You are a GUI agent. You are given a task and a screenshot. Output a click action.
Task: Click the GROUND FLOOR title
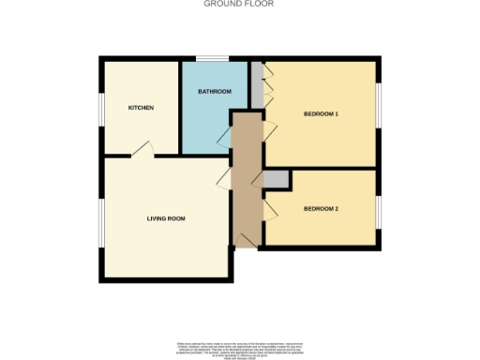240,4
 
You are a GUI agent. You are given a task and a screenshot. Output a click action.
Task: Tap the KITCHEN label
141,108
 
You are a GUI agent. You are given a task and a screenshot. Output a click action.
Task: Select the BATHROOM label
214,92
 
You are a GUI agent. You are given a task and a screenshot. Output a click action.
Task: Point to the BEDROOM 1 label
321,114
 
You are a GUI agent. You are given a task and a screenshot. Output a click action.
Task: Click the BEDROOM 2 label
321,208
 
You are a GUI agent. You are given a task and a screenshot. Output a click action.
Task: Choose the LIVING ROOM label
166,218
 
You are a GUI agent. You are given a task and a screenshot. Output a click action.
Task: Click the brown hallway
246,178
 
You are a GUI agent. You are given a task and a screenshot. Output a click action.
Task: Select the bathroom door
225,138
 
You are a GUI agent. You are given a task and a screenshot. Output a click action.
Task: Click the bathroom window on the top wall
213,60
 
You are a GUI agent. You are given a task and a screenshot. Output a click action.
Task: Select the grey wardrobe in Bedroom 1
257,84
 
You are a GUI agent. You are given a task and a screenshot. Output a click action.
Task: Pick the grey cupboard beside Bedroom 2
277,178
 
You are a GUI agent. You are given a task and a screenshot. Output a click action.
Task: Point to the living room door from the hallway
225,178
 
